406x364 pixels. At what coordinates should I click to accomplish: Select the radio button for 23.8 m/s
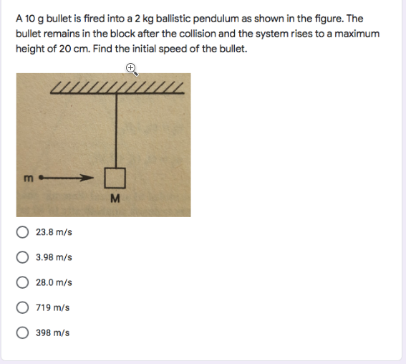click(23, 232)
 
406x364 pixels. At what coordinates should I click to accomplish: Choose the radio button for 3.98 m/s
click(23, 257)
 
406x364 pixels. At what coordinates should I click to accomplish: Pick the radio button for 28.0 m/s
click(23, 282)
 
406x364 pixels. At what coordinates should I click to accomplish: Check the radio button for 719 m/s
click(23, 307)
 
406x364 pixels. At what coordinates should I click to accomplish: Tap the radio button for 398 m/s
click(23, 332)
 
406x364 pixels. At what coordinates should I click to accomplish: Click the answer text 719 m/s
click(52, 307)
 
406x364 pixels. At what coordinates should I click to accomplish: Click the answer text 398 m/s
click(52, 332)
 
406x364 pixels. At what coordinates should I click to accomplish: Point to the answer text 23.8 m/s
click(54, 232)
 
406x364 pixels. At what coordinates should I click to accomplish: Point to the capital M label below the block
click(115, 198)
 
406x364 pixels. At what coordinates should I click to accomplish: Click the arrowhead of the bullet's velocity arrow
click(90, 176)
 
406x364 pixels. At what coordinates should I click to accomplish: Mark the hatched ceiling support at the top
click(119, 88)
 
